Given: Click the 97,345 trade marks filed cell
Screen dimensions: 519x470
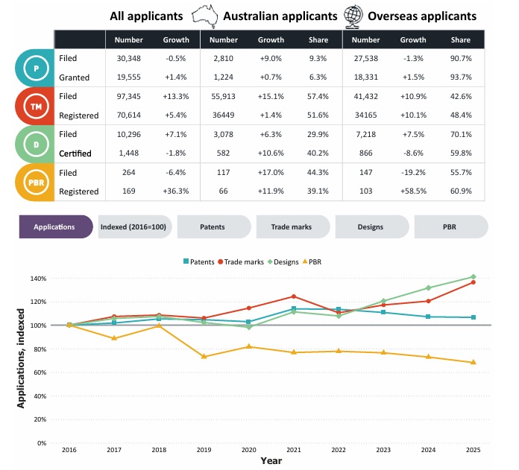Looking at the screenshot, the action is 128,97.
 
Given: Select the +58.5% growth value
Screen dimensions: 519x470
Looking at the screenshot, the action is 413,191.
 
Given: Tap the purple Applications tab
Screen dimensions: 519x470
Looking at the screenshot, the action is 56,226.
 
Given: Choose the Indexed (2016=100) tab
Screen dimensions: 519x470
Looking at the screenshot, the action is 135,226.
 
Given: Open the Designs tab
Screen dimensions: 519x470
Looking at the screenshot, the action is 372,226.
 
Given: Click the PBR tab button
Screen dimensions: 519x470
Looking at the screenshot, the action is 451,226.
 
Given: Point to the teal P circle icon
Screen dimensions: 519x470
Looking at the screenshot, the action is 36,68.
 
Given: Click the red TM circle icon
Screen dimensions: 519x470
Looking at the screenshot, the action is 36,106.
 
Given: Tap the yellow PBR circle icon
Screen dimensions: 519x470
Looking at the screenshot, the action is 36,182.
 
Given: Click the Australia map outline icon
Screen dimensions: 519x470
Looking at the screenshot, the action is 205,16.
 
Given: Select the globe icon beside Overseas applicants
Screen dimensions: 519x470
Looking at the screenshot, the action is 353,16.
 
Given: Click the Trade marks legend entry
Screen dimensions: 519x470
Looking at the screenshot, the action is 241,261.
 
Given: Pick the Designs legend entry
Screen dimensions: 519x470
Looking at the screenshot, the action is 283,261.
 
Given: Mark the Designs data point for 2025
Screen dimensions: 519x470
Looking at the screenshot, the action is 474,276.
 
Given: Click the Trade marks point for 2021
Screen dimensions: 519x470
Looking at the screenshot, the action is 294,296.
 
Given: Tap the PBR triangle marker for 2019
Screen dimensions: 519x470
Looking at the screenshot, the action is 204,356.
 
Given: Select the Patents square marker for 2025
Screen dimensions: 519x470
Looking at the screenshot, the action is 474,317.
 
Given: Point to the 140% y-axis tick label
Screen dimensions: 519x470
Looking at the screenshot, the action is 38,279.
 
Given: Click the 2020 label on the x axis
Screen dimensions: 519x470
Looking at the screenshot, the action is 249,449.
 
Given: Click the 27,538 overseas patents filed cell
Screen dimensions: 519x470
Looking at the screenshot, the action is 365,59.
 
